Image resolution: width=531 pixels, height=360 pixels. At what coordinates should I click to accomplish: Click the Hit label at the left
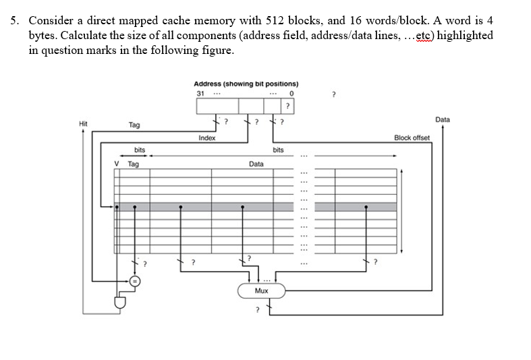(83, 124)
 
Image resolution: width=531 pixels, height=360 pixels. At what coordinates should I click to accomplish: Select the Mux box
(261, 291)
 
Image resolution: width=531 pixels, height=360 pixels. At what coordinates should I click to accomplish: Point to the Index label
(207, 138)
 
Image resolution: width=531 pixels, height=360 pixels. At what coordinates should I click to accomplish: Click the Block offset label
(412, 138)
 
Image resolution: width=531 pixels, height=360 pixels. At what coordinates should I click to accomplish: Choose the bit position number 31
(200, 93)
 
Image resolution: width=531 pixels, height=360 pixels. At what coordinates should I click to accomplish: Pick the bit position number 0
(290, 93)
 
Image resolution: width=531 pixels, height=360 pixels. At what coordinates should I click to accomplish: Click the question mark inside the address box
(288, 106)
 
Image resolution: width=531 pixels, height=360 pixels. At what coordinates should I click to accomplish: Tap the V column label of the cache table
(117, 164)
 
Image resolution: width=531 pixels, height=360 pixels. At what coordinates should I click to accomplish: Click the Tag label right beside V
(134, 164)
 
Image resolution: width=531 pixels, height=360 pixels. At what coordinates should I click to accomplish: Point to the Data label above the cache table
(256, 164)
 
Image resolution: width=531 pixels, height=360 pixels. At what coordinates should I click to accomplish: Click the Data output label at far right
(443, 119)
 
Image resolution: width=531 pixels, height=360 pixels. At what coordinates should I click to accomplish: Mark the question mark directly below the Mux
(255, 310)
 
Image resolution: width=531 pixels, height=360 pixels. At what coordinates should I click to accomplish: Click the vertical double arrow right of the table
(402, 210)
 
